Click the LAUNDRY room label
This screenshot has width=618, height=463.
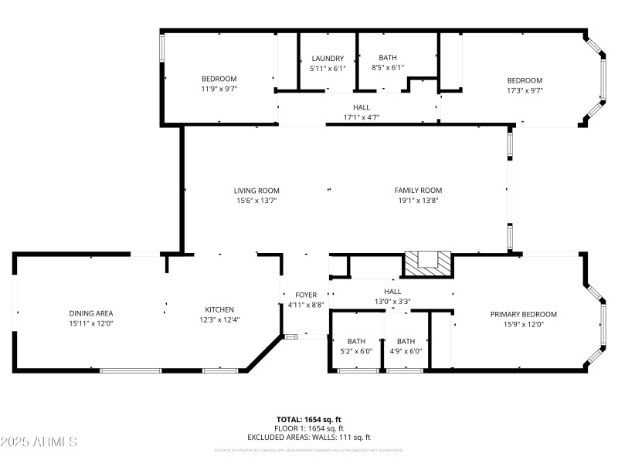(328, 59)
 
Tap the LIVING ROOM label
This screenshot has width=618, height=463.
(256, 191)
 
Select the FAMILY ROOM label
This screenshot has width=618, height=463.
(418, 191)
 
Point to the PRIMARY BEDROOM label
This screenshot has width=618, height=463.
(523, 314)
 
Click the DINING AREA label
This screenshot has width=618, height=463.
(91, 313)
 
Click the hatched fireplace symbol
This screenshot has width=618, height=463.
(428, 263)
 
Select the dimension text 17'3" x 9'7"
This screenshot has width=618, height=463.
(525, 90)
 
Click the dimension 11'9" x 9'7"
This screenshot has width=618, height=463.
(219, 89)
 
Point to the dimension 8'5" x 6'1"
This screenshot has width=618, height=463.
(388, 68)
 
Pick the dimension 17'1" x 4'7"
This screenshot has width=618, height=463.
(362, 117)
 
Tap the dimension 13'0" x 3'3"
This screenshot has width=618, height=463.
(392, 301)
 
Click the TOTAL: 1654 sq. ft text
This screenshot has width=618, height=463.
(309, 419)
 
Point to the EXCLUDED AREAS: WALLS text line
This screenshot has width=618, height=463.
(309, 438)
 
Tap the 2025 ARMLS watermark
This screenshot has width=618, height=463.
(39, 442)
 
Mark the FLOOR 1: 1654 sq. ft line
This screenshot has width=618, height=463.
(309, 428)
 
